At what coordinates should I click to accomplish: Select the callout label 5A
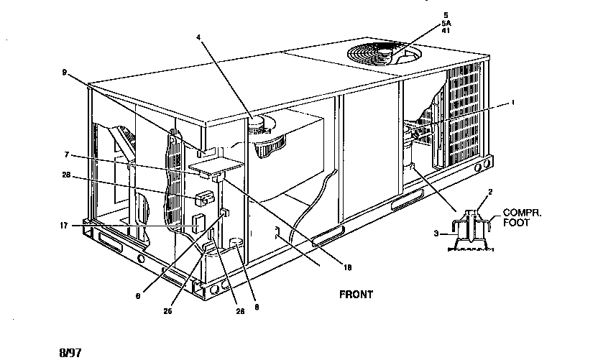[446, 22]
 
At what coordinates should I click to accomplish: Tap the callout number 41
[446, 30]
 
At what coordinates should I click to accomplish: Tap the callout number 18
[346, 267]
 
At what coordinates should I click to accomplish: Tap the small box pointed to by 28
[206, 195]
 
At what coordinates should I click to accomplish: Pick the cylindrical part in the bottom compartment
[234, 246]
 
